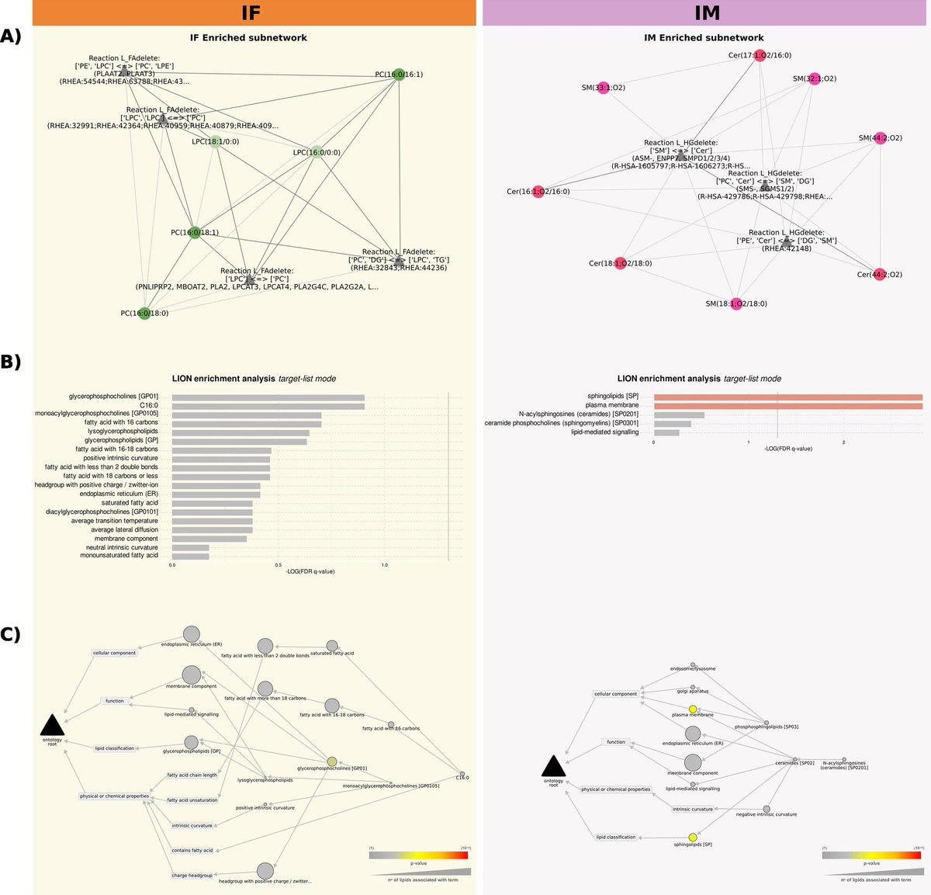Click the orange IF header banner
254,12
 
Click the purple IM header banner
706,12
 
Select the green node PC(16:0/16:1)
398,75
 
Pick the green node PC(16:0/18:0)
144,314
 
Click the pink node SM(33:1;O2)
604,88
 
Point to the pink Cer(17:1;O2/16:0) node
760,55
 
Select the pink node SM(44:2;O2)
880,138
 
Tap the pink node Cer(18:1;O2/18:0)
620,263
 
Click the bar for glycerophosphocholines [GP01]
268,397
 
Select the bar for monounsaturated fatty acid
190,556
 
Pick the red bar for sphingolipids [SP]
787,397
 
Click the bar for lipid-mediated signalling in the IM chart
666,432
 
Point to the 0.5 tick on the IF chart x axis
278,565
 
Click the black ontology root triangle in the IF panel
52,727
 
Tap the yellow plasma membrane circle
693,709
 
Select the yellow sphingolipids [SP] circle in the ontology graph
693,838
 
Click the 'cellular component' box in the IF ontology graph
115,653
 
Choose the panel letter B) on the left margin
11,362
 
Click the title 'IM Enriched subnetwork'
704,37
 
